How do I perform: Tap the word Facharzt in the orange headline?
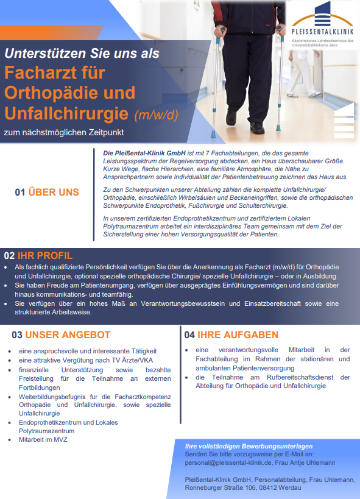[x=43, y=73]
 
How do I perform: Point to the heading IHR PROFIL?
[x=45, y=255]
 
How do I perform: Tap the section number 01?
[x=20, y=193]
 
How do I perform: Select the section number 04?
[x=189, y=334]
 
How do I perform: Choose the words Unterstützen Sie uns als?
[x=83, y=53]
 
